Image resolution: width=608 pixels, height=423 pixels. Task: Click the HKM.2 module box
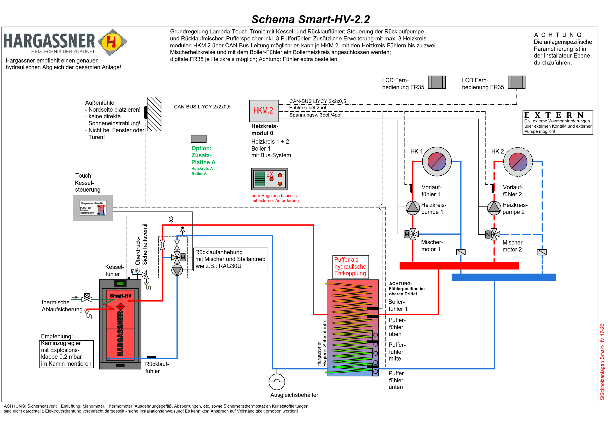(264, 111)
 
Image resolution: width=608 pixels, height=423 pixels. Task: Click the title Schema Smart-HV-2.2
(310, 19)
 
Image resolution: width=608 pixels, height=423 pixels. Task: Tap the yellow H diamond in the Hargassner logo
(112, 42)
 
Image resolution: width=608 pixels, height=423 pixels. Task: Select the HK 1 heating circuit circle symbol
(437, 162)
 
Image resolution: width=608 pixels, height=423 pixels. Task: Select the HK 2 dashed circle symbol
(518, 162)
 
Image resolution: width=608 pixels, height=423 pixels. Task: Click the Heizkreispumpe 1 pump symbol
(413, 208)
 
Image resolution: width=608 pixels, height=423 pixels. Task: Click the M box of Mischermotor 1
(407, 234)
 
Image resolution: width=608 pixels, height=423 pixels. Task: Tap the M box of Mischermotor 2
(488, 234)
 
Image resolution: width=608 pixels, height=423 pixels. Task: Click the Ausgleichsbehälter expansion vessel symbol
(277, 381)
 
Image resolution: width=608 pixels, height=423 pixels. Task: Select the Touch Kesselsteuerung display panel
(93, 208)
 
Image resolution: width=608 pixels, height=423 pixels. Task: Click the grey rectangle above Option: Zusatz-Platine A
(199, 139)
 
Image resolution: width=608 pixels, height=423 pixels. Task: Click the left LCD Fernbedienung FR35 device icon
(437, 82)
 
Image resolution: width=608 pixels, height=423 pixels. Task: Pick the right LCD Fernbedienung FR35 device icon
(516, 82)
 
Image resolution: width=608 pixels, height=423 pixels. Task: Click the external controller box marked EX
(269, 179)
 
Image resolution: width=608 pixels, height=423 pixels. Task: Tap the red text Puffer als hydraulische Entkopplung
(350, 267)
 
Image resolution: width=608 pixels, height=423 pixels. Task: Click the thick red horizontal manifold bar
(459, 266)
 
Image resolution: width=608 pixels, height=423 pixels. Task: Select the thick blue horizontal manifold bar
(504, 277)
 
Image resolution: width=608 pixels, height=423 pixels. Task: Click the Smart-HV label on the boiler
(120, 296)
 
